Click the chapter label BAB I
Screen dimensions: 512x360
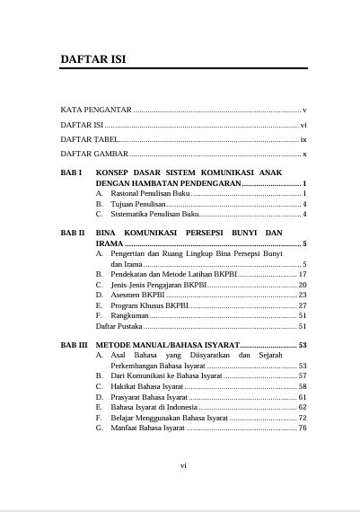[72, 172]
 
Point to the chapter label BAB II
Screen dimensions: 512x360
[73, 233]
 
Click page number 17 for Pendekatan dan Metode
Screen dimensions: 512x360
[303, 274]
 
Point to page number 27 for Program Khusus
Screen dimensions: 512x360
[303, 305]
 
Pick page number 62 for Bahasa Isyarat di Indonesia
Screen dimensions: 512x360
[303, 407]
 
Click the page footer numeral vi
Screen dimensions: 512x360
[183, 465]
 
